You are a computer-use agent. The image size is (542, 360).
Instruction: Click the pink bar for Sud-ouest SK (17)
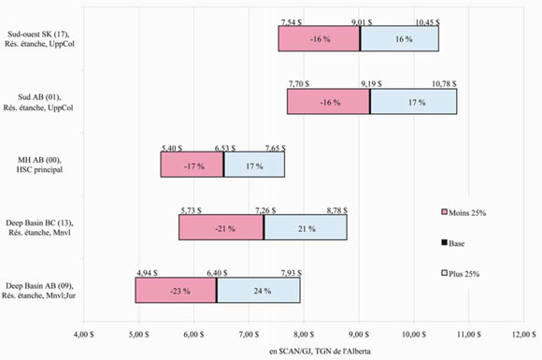point(319,38)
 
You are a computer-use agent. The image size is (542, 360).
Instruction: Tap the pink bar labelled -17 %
point(192,165)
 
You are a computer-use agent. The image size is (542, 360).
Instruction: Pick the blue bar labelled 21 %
point(305,227)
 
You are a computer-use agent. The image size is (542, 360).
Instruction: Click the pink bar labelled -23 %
point(175,290)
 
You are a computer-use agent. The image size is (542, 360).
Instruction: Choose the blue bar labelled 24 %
point(258,290)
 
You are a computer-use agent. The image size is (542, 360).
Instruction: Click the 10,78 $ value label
point(457,84)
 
